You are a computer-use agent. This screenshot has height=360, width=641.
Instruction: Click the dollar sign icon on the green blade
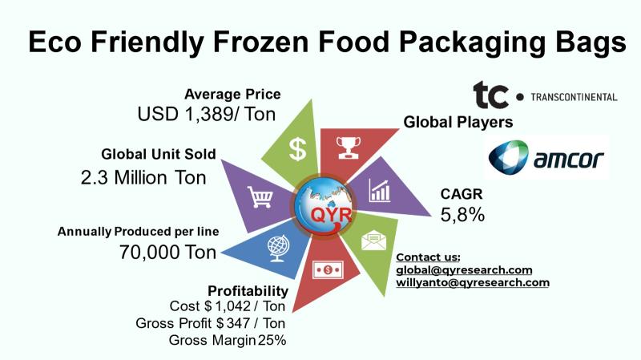click(x=297, y=149)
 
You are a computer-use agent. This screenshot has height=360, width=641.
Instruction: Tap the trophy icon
click(x=349, y=148)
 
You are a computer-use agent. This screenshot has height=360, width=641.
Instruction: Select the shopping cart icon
click(x=260, y=197)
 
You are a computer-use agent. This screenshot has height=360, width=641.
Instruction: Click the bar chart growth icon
click(x=380, y=191)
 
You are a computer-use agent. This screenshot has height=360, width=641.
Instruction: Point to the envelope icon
click(x=373, y=241)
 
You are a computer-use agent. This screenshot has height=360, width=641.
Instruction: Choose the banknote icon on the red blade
click(x=328, y=270)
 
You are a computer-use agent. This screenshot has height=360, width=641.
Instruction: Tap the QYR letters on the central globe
click(x=331, y=215)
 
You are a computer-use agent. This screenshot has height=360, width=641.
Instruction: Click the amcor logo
click(x=546, y=157)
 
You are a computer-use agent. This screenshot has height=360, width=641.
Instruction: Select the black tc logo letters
click(x=490, y=95)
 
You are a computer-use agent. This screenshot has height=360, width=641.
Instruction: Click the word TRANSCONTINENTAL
click(x=574, y=97)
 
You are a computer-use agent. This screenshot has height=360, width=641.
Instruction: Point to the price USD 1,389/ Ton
click(x=207, y=114)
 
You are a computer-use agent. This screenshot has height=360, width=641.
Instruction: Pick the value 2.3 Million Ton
click(x=143, y=178)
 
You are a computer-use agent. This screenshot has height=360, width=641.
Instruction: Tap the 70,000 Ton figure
click(x=167, y=252)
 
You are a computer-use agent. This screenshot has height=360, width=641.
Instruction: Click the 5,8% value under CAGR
click(x=462, y=215)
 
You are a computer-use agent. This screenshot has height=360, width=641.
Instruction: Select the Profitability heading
click(x=248, y=291)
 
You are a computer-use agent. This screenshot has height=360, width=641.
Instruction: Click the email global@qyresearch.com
click(x=464, y=270)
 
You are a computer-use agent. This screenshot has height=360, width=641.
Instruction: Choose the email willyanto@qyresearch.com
click(x=473, y=283)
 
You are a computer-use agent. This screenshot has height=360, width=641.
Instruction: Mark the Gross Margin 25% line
click(x=228, y=340)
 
